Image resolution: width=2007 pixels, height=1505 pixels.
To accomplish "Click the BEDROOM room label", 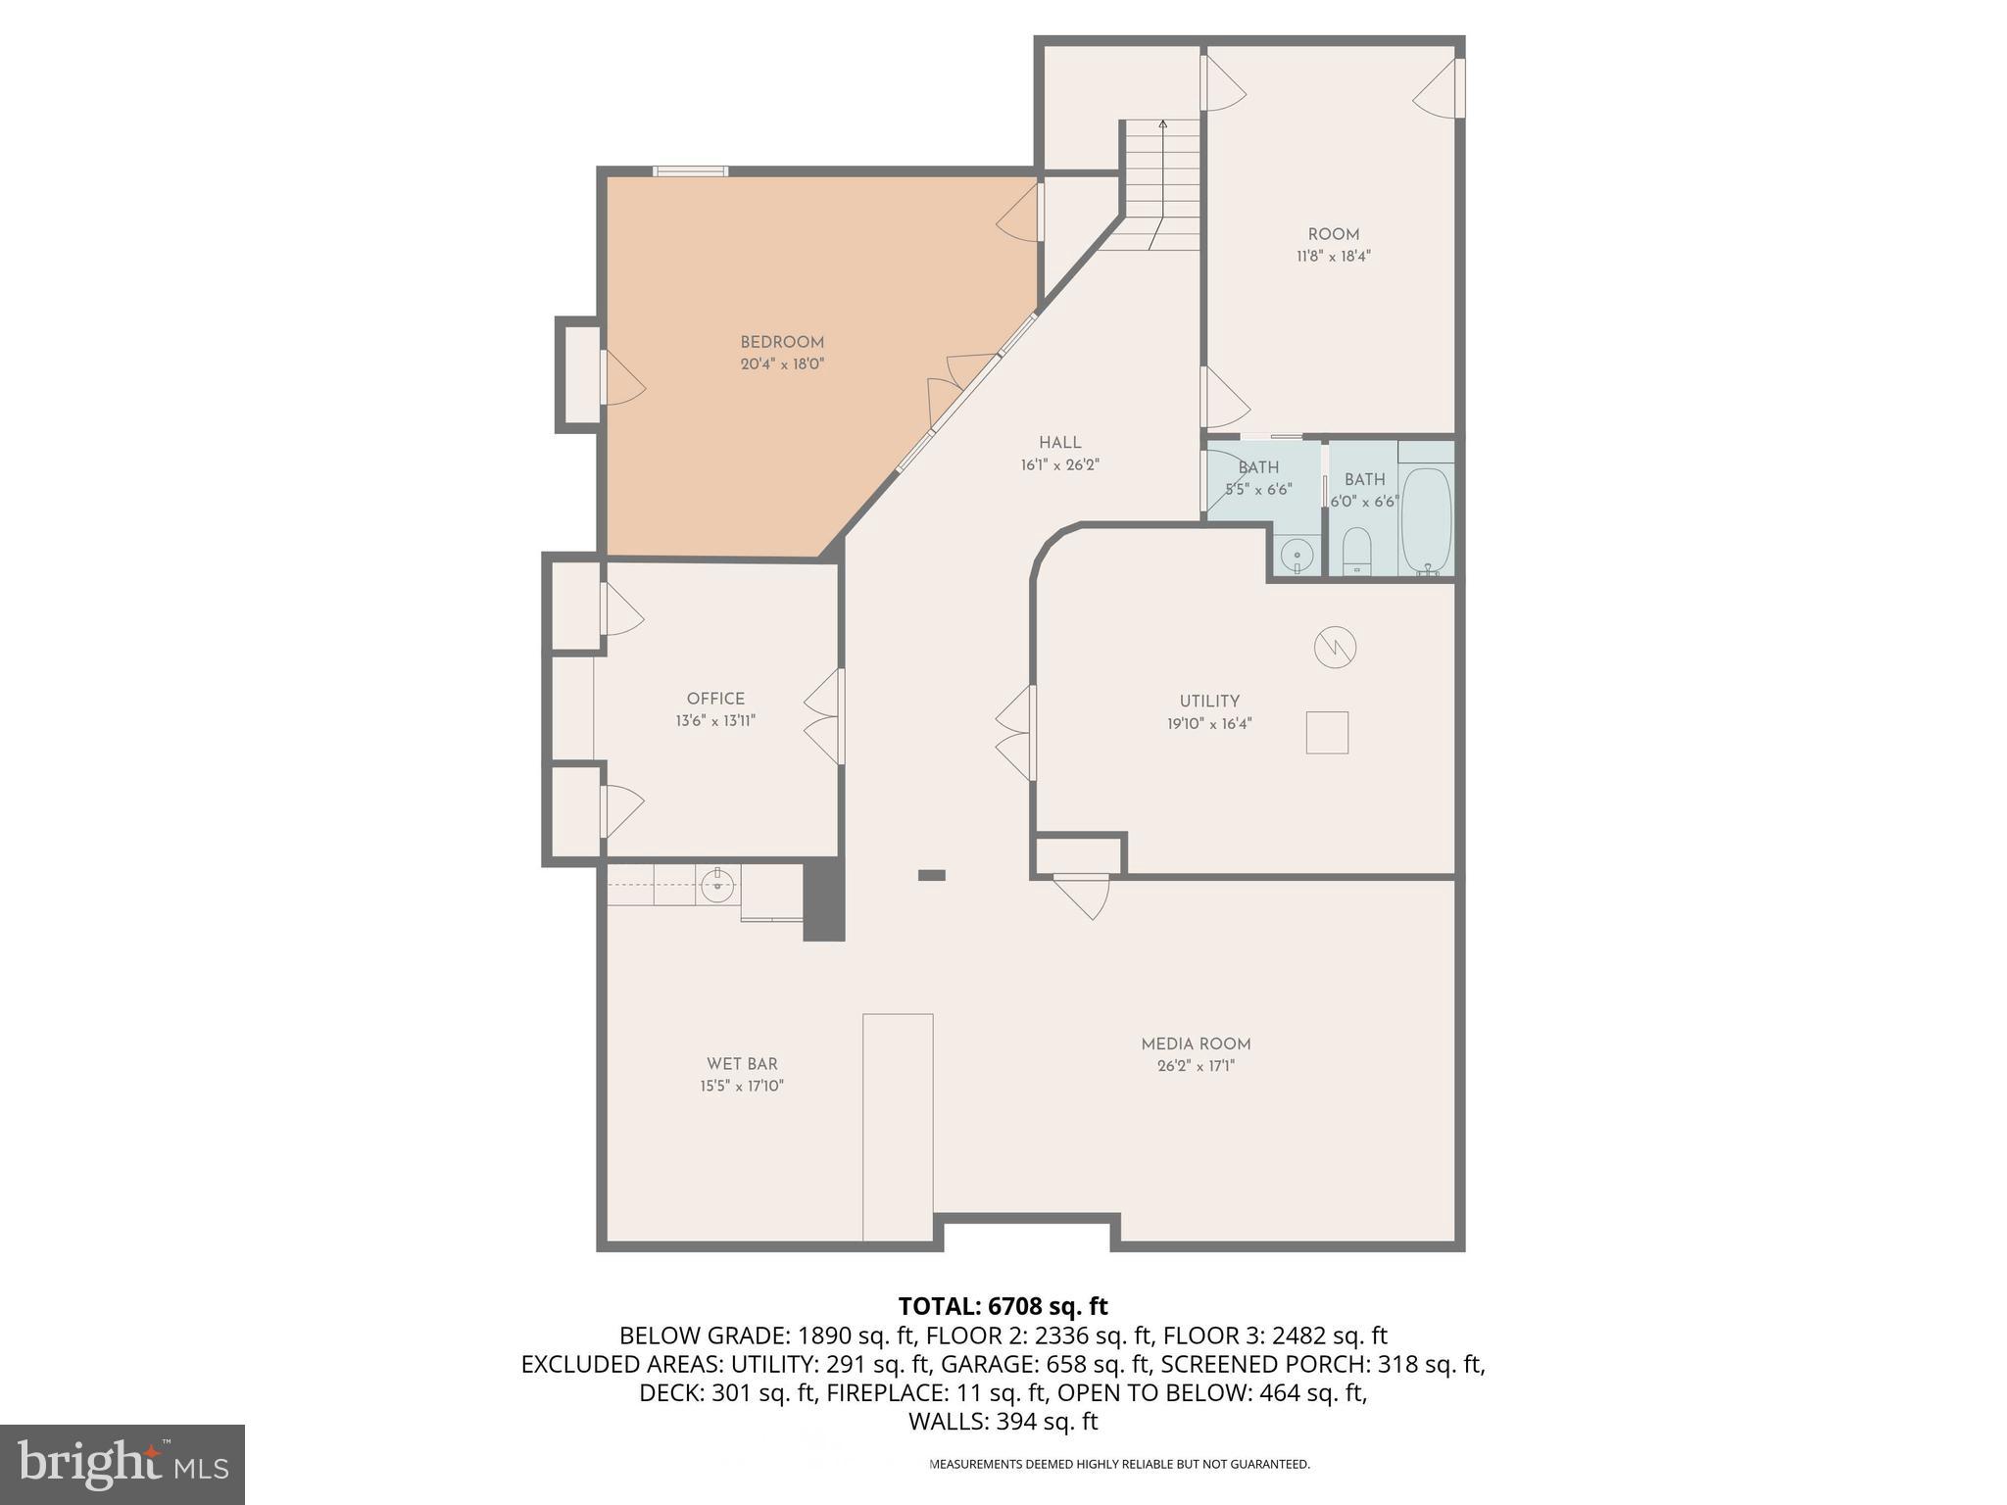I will [781, 342].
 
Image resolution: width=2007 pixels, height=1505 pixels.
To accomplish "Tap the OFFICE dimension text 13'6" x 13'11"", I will [714, 721].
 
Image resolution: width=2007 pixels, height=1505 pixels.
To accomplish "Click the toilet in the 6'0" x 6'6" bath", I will [1357, 551].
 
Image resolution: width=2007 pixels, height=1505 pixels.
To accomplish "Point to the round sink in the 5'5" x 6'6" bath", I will [1297, 556].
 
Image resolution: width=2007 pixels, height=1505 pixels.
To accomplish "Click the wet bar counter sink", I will [717, 885].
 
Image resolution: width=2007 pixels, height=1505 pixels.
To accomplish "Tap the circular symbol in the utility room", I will [1335, 647].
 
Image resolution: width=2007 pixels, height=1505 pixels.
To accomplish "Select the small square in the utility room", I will [1327, 732].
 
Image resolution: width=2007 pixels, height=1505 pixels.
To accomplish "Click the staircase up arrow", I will [1162, 124].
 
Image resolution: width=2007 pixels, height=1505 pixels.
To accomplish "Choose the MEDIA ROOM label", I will [1196, 1044].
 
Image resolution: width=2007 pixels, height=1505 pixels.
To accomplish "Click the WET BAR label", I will [742, 1063].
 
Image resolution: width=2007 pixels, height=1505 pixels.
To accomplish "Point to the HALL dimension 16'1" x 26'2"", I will [1059, 465].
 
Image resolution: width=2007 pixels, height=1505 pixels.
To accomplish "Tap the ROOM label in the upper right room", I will [1333, 234].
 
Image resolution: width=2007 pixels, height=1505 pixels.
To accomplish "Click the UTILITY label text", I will [1209, 701].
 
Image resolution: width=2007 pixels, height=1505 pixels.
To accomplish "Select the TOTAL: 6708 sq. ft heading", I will [1003, 1306].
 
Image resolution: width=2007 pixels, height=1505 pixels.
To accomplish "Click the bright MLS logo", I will [122, 1464].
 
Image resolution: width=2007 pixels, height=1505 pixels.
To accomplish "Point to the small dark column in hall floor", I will [931, 875].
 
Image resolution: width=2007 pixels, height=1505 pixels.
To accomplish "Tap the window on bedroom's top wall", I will [690, 171].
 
